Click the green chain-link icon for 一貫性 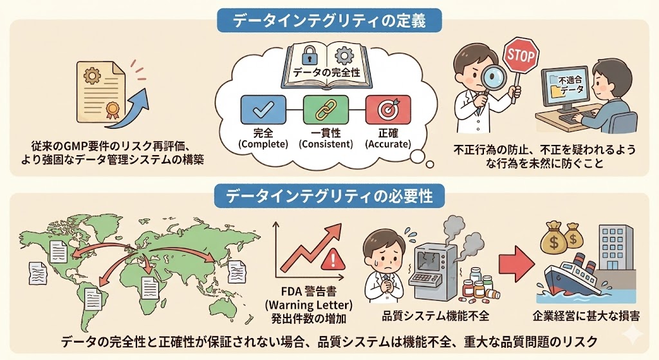pyautogui.click(x=325, y=109)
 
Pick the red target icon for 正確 pyautogui.click(x=388, y=109)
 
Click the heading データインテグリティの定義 pyautogui.click(x=329, y=20)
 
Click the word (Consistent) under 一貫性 pyautogui.click(x=326, y=144)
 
